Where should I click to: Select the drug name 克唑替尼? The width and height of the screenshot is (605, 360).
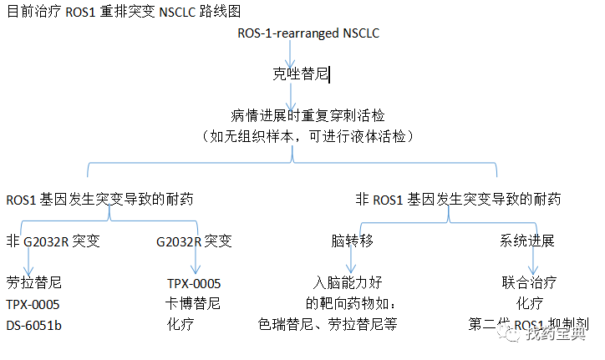tap(301, 74)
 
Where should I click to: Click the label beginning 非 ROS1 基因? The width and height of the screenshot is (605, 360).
tap(458, 200)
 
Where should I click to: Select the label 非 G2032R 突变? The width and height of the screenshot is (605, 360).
tap(53, 241)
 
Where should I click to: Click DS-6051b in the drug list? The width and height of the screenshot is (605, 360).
tap(35, 324)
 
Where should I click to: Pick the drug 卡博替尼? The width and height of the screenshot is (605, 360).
tap(193, 304)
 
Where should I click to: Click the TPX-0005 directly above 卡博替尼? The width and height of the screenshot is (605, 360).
tap(193, 284)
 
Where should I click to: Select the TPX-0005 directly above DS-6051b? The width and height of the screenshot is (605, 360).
tap(33, 304)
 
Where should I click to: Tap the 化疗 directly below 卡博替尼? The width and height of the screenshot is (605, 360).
tap(180, 324)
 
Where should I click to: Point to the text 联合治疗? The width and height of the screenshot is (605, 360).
tap(529, 284)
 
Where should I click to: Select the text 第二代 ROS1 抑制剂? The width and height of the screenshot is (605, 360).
tap(530, 324)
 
